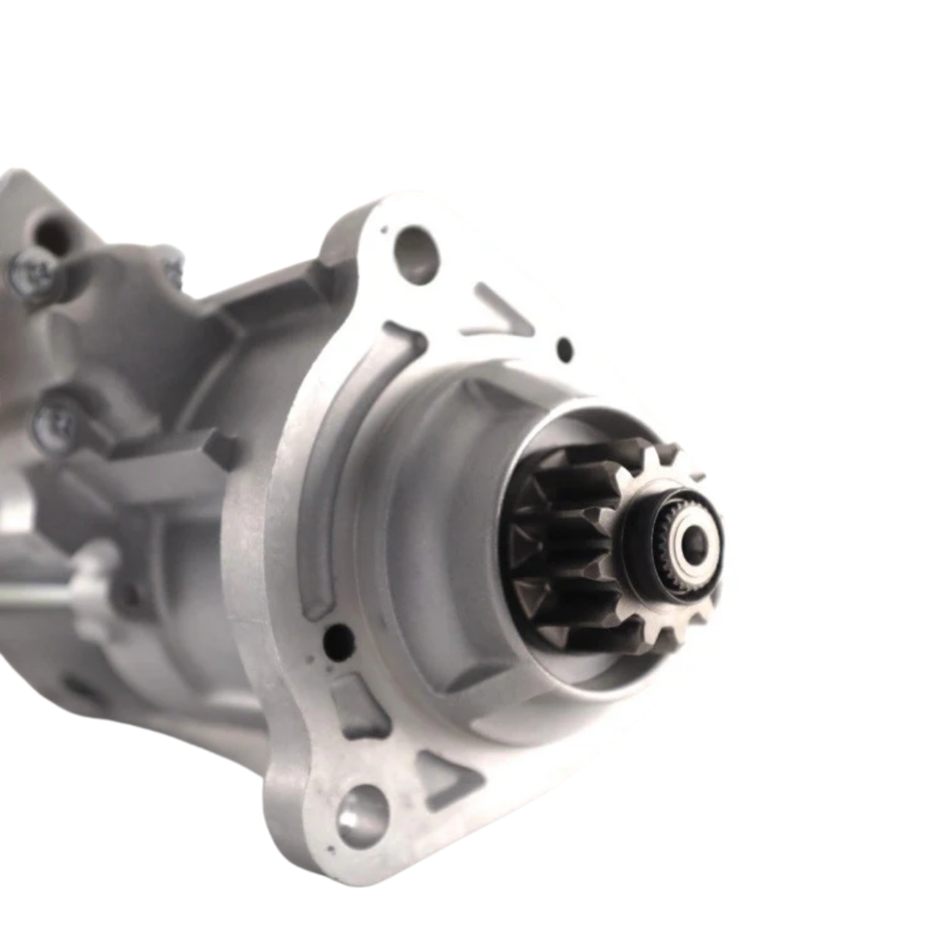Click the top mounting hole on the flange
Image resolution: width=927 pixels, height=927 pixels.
[416, 254]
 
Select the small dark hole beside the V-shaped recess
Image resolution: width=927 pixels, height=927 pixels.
[564, 350]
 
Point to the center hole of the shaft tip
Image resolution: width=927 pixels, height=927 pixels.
[694, 542]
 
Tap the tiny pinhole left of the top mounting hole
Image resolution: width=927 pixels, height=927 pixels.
[384, 229]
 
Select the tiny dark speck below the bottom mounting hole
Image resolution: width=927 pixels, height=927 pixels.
[353, 869]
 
